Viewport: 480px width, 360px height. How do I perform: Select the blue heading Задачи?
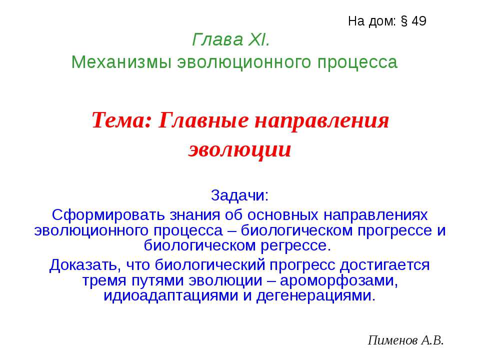click(239, 194)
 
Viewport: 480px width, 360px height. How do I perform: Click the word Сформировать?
click(102, 214)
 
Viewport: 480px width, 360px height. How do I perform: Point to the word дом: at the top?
click(382, 21)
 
